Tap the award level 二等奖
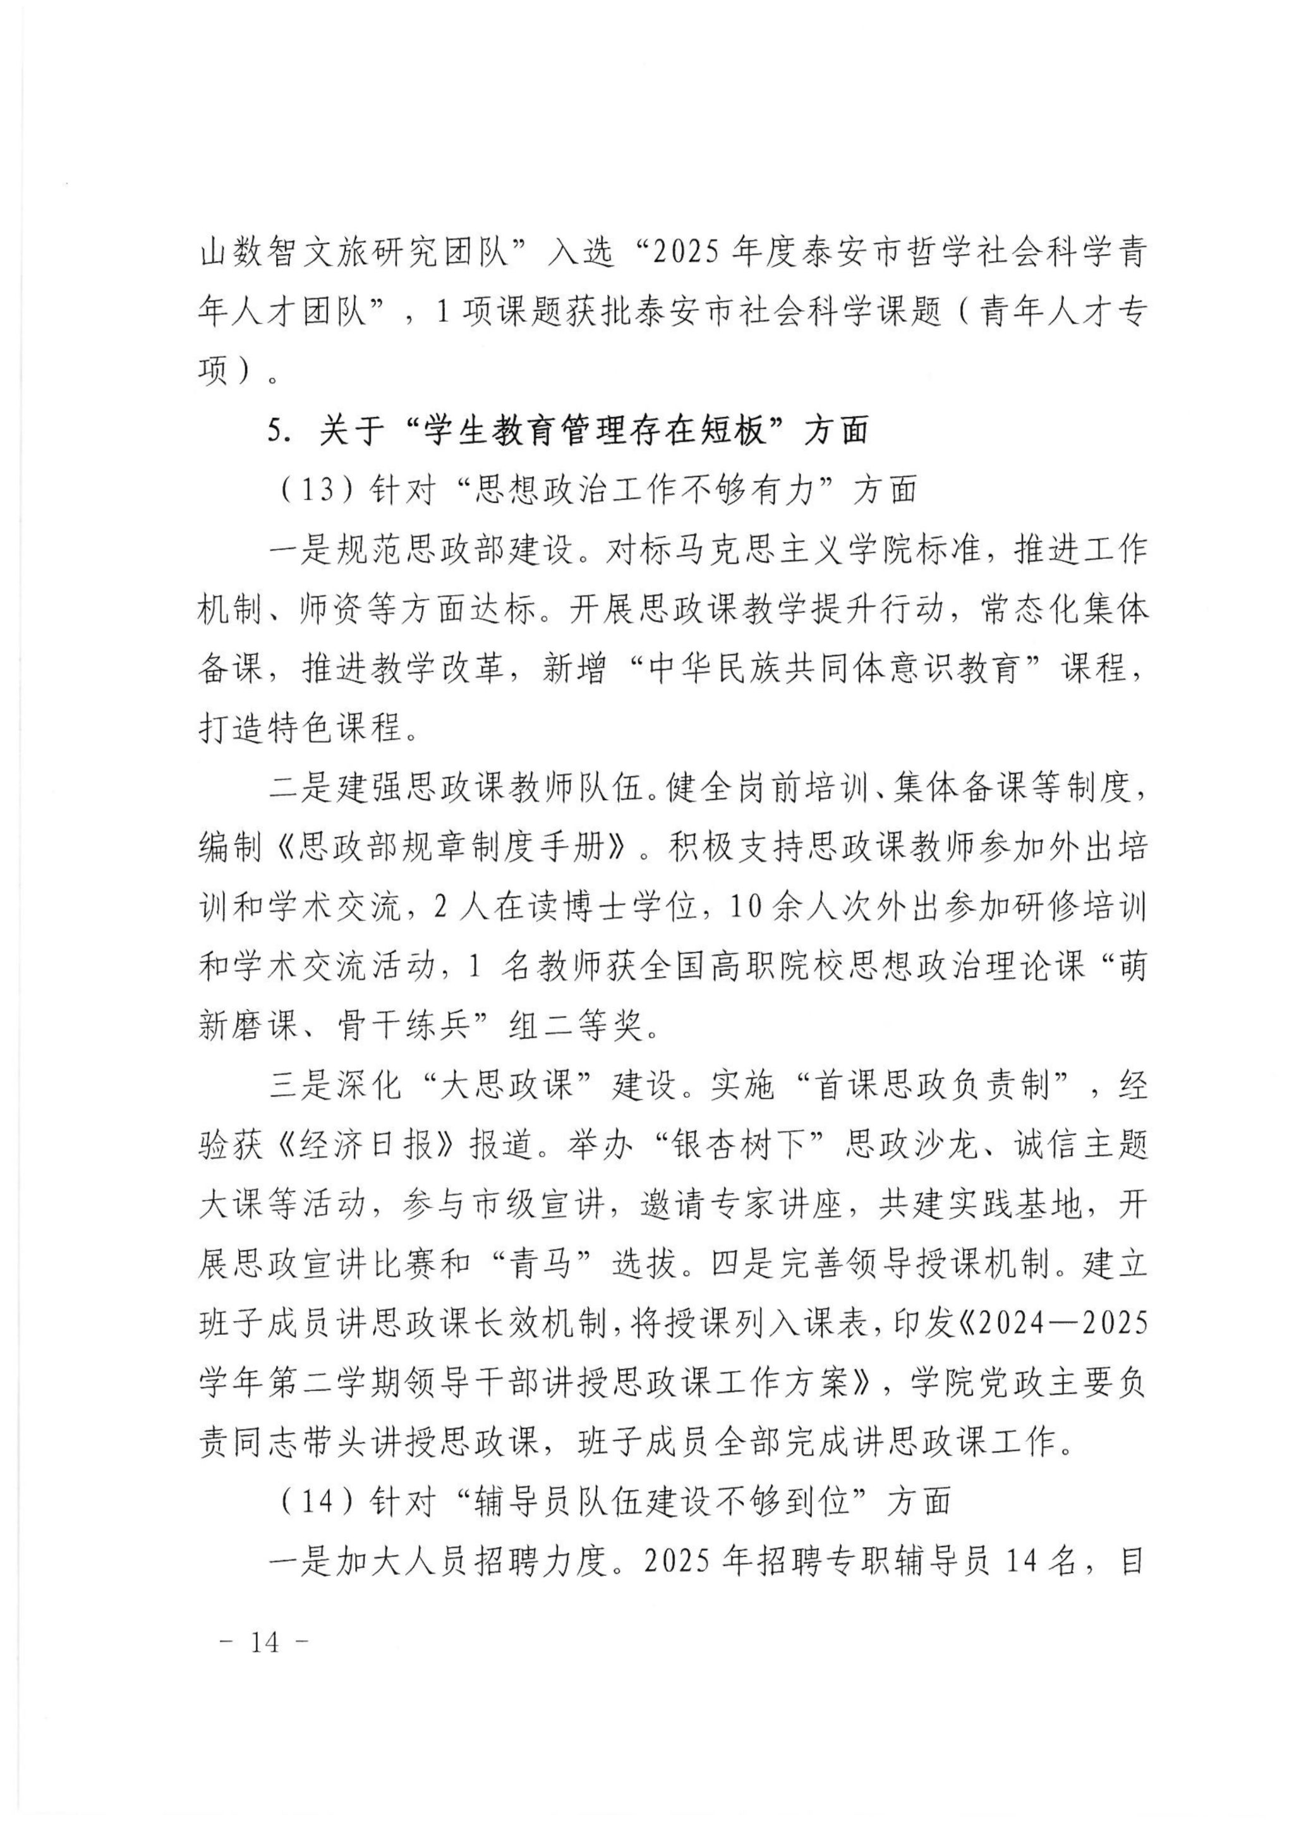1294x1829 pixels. (x=610, y=1026)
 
